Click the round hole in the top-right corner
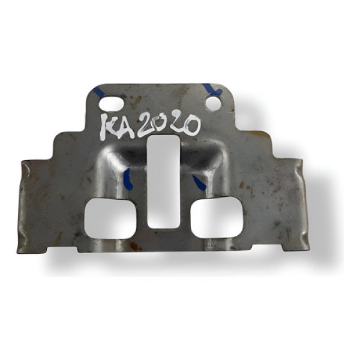[213, 104]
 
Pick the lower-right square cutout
[218, 218]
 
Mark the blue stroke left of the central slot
[127, 179]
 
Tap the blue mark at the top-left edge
[98, 92]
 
